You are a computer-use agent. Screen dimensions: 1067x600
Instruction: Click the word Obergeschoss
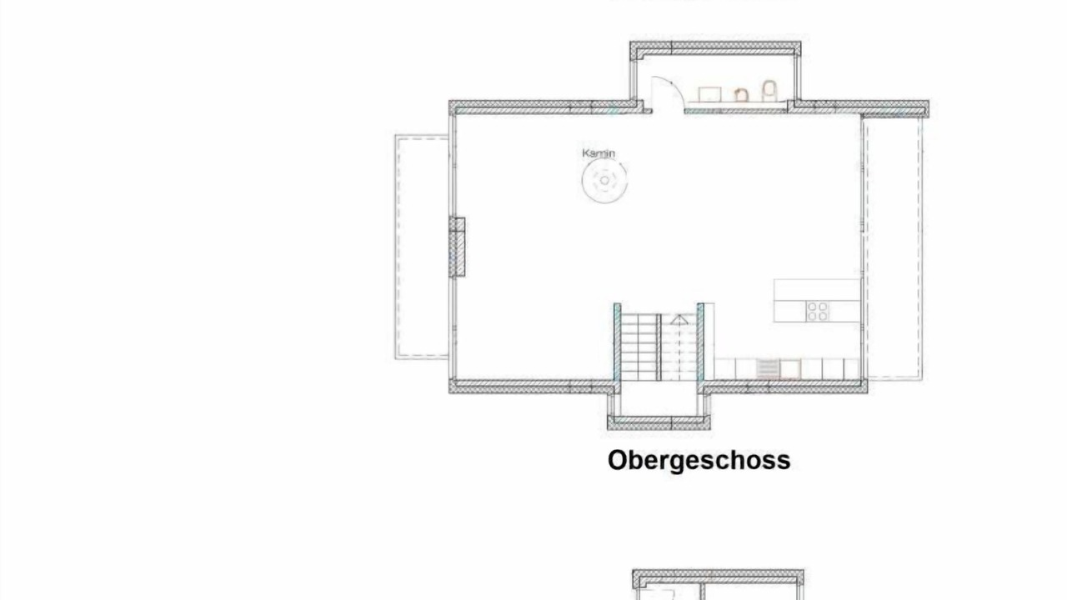click(699, 461)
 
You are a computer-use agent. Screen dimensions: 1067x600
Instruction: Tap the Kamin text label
click(599, 153)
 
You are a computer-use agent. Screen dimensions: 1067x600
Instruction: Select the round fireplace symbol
click(604, 181)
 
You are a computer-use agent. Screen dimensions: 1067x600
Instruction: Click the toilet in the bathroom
click(769, 91)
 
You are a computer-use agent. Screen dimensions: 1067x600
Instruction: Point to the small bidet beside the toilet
click(741, 94)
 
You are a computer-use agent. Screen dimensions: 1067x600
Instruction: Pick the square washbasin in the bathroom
click(709, 94)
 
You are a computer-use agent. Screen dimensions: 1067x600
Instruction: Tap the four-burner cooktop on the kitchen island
click(818, 312)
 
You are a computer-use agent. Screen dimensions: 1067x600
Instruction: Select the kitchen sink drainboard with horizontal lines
click(767, 369)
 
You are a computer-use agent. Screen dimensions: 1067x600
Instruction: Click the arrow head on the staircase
click(679, 319)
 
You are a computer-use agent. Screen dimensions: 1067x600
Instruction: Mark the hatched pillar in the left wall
click(458, 247)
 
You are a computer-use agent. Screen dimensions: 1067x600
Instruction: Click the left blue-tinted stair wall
click(618, 342)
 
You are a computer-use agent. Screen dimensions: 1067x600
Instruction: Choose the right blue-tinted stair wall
click(700, 342)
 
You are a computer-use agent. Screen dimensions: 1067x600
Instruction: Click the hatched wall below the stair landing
click(659, 422)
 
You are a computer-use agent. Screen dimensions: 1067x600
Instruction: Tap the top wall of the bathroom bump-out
click(715, 47)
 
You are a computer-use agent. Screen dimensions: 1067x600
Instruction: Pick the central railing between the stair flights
click(659, 347)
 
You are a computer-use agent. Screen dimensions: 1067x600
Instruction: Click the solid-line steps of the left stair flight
click(639, 347)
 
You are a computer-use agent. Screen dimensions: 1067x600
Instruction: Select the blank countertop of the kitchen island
click(817, 290)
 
